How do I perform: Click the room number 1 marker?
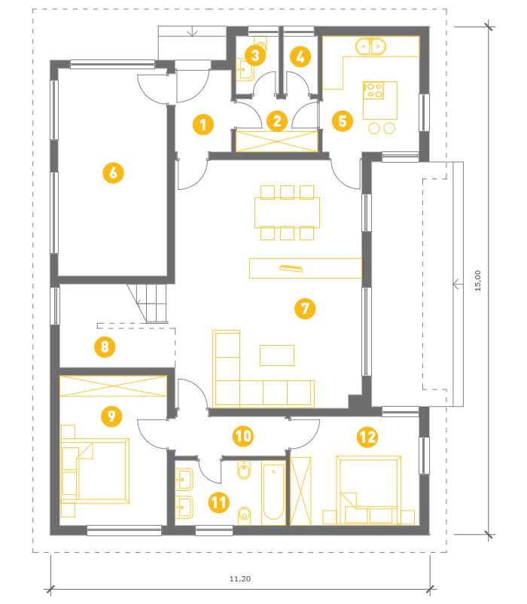[x=203, y=124]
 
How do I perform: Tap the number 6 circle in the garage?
[x=113, y=172]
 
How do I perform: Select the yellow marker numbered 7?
[x=305, y=308]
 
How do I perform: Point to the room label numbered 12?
[x=367, y=437]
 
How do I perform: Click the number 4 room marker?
[x=300, y=56]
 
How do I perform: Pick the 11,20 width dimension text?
[x=240, y=578]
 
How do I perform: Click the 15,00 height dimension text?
[x=478, y=280]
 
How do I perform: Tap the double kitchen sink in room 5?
[x=370, y=46]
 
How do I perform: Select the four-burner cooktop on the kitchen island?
[x=373, y=90]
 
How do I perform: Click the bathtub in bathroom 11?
[x=273, y=492]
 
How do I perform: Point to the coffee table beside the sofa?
[x=277, y=355]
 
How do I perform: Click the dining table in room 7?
[x=287, y=212]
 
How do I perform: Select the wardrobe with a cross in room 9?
[x=113, y=386]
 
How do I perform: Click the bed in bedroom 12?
[x=368, y=490]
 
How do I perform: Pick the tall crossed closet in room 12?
[x=300, y=491]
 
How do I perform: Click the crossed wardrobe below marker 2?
[x=276, y=141]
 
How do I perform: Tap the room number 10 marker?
[x=243, y=436]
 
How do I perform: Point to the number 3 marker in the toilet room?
[x=254, y=56]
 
